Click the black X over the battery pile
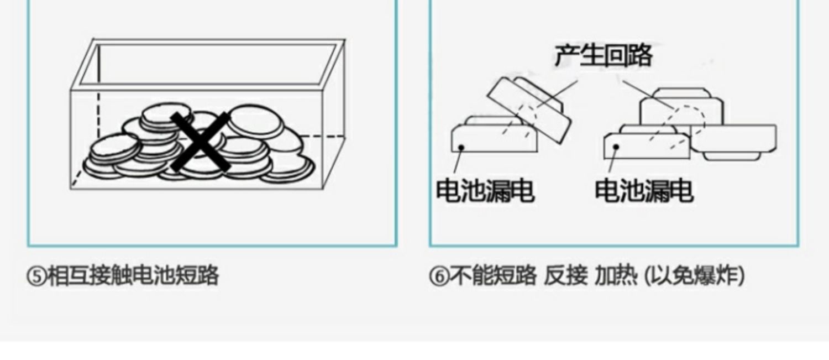pos(200,142)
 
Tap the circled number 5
pos(35,275)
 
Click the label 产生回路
pos(603,56)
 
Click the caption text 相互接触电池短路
pos(133,275)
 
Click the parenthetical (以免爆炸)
pos(694,275)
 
